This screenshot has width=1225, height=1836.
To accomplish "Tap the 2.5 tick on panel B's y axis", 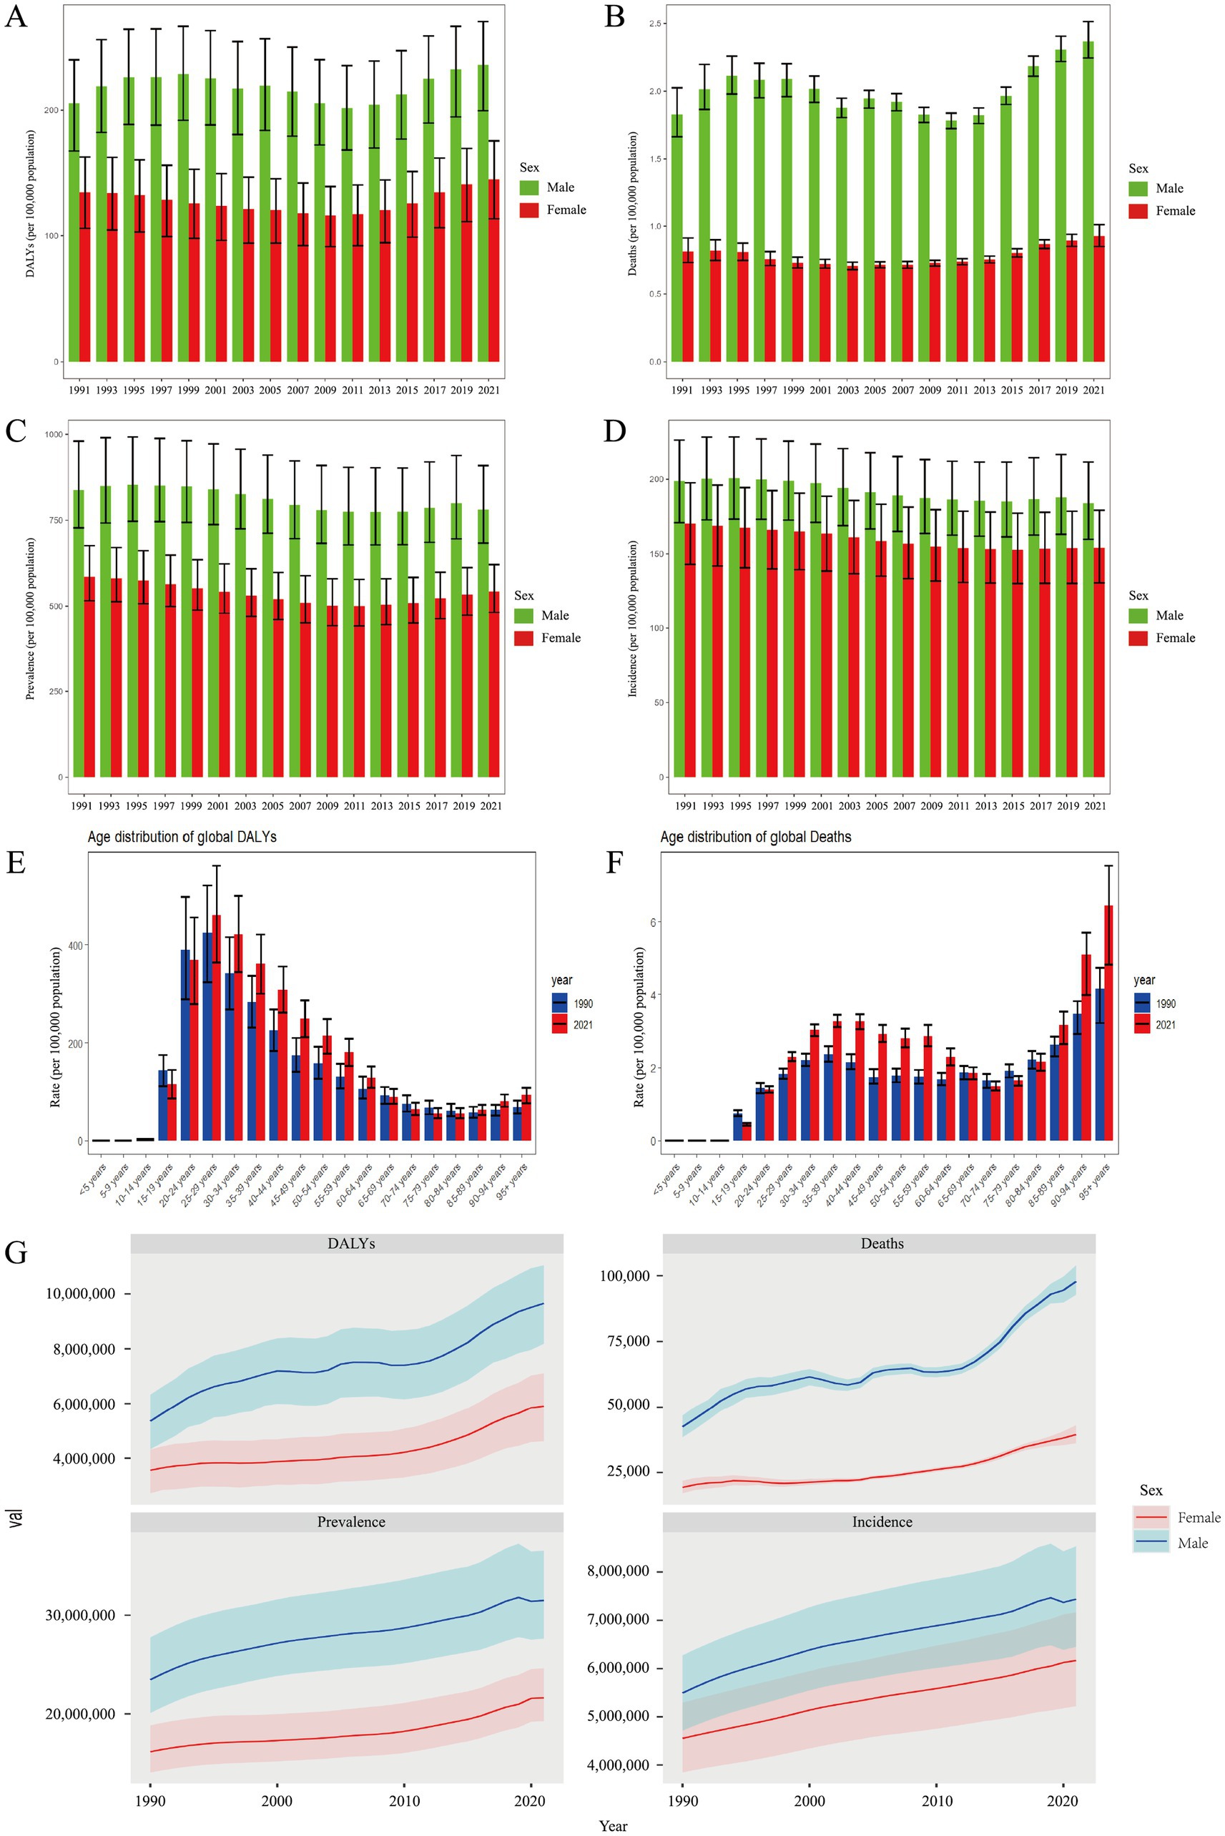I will click(x=654, y=24).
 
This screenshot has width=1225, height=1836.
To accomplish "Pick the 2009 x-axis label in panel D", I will click(x=931, y=805).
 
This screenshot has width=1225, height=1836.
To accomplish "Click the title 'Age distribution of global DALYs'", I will click(x=182, y=837).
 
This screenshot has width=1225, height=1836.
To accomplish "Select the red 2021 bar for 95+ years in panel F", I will click(x=1108, y=1023).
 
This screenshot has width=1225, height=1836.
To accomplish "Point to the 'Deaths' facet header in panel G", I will click(x=882, y=1244).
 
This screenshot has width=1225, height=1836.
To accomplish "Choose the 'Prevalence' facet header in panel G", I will click(x=351, y=1522).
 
